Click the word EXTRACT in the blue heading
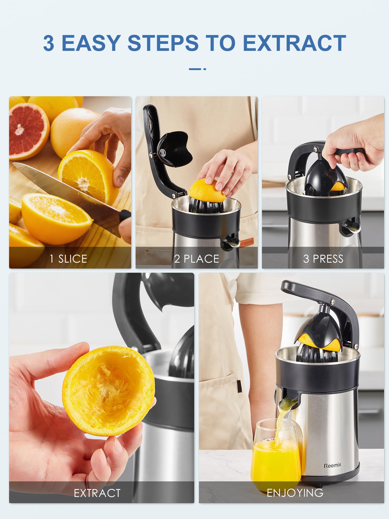coord(294,43)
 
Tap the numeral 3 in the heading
coord(48,43)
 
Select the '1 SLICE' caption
coord(68,259)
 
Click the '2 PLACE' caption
coord(197,259)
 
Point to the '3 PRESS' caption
coord(323,259)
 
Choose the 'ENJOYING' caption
coord(295,493)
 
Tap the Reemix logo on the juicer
coord(332,466)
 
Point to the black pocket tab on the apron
coord(239,386)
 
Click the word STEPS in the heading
coord(163,43)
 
